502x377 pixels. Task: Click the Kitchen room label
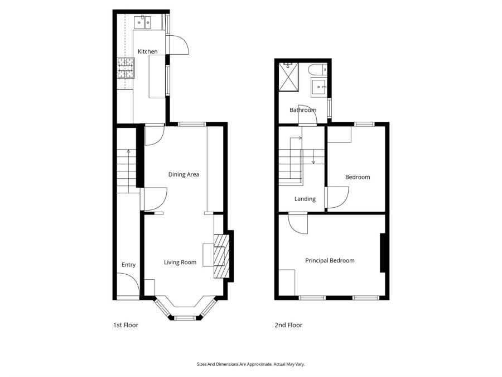tap(148, 51)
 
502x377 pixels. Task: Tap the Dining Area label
tap(184, 174)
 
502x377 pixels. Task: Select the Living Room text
tap(180, 262)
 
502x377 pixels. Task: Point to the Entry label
tap(128, 265)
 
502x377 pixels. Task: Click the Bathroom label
tap(303, 110)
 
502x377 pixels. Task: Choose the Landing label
tap(305, 199)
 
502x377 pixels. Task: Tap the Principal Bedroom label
tap(329, 260)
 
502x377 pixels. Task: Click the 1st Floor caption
tap(126, 325)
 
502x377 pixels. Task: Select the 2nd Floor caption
tap(288, 325)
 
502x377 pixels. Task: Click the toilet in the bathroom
tap(317, 70)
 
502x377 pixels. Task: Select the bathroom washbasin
tap(319, 87)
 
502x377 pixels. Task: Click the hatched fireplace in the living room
tap(221, 256)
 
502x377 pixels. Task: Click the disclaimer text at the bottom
tap(250, 364)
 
